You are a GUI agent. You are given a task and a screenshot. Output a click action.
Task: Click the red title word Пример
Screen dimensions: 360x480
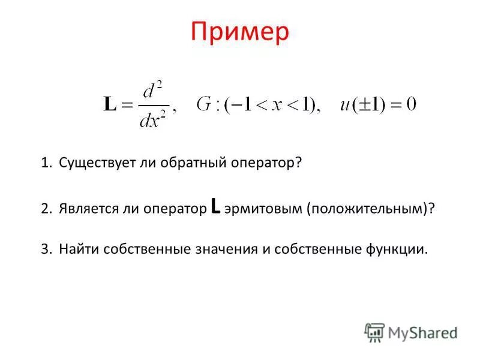(x=240, y=32)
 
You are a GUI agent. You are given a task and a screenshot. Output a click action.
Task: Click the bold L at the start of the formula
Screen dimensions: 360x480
(x=110, y=106)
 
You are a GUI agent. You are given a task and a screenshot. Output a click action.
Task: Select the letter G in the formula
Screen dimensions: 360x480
(x=202, y=105)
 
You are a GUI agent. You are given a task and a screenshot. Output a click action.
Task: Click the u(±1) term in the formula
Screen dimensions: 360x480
(x=359, y=105)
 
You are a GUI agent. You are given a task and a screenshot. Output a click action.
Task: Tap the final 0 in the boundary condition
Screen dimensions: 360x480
(x=410, y=105)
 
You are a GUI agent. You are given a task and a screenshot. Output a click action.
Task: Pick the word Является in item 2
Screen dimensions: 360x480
(x=85, y=208)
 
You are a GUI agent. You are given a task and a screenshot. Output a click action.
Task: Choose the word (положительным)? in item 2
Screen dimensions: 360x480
(x=370, y=208)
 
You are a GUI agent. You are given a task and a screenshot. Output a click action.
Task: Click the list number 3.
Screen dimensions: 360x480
(x=45, y=249)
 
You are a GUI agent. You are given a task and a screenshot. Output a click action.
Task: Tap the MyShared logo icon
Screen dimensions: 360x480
(x=374, y=332)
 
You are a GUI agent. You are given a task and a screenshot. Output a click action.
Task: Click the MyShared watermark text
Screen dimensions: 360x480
(x=422, y=332)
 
